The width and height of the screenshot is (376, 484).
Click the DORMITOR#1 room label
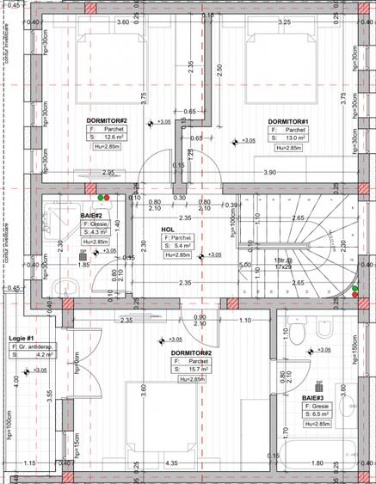(x=288, y=120)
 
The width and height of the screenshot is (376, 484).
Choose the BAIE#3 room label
(x=312, y=398)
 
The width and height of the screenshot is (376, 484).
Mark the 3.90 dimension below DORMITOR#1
(x=268, y=173)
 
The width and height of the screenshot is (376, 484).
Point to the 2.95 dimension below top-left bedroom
(x=108, y=173)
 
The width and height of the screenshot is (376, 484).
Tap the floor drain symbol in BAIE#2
(x=83, y=255)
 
